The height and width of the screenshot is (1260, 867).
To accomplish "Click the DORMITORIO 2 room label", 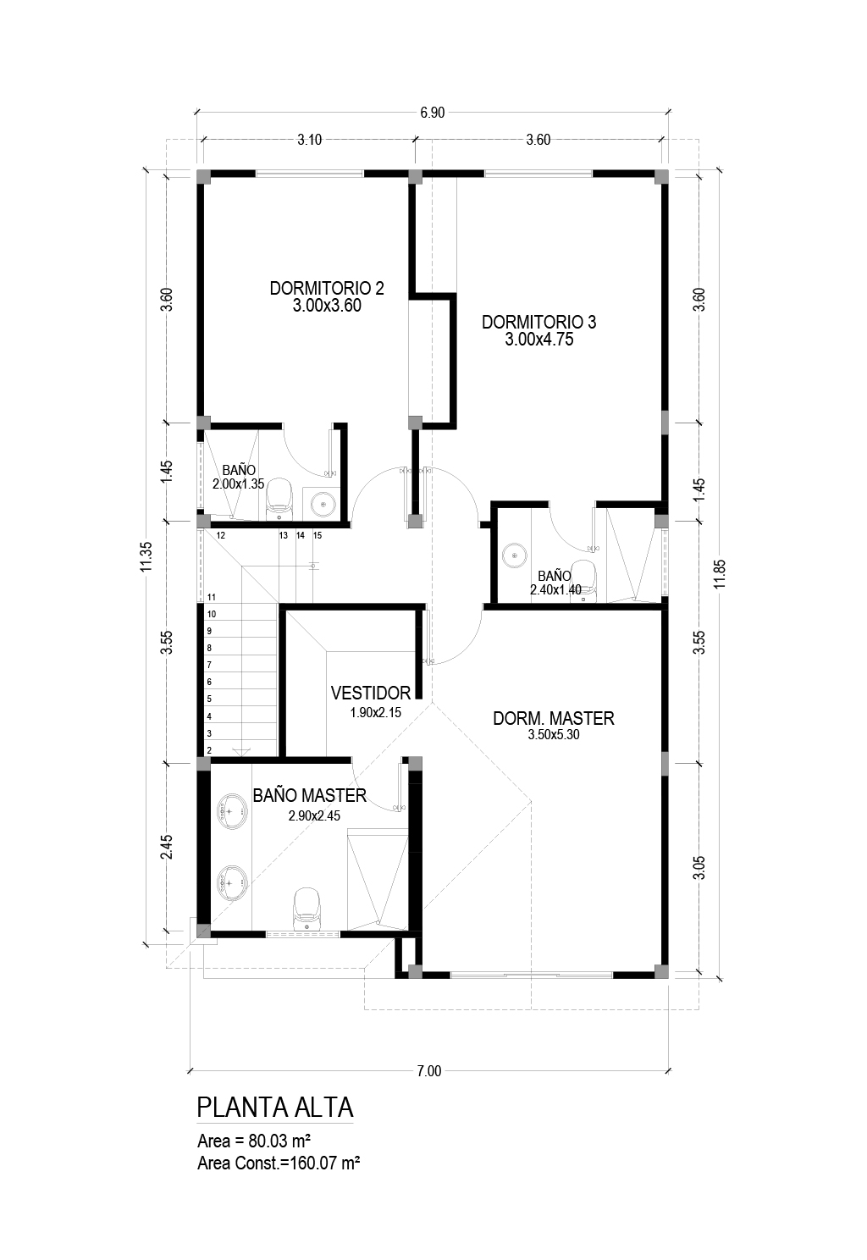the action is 327,288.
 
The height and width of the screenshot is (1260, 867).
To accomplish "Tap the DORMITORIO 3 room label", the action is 538,323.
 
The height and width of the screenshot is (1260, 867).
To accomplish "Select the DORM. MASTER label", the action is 553,718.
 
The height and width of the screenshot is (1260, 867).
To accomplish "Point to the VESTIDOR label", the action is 371,693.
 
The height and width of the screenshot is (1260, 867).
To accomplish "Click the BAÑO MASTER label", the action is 310,795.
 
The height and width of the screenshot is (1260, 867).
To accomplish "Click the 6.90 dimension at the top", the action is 432,113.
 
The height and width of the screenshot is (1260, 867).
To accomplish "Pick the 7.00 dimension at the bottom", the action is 429,1071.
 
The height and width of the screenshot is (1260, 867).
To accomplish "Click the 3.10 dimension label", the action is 309,140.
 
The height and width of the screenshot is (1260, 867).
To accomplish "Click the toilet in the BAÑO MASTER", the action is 307,908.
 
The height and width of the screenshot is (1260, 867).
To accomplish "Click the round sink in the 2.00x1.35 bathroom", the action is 323,505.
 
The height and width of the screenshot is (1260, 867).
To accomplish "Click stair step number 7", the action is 209,665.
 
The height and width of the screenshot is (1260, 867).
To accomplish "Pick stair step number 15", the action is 318,535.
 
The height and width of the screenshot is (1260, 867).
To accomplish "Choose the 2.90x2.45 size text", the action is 314,815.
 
